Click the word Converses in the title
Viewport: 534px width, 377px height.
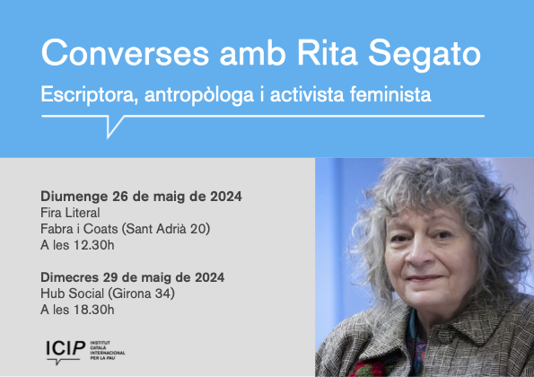125,53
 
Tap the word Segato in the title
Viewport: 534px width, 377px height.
425,56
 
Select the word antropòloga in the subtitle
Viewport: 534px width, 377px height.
199,95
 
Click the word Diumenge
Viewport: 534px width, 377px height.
74,197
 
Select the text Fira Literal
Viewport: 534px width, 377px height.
70,213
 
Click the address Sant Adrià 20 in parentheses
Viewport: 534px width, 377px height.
164,229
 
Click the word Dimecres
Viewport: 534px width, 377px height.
70,277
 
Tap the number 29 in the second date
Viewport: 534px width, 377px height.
110,277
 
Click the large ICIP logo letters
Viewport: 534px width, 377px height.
66,348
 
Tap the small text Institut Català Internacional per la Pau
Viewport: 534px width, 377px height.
108,350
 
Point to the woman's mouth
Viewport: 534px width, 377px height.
424,278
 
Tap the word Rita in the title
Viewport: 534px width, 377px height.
328,53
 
